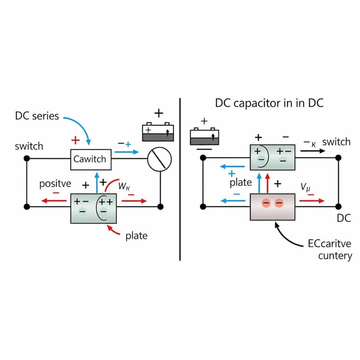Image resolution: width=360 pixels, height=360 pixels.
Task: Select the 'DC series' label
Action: [37, 116]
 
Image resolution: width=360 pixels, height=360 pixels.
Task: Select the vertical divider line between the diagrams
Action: [180, 179]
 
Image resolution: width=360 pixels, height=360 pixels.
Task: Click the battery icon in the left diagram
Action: [158, 132]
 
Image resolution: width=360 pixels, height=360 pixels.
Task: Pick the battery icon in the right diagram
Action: [204, 136]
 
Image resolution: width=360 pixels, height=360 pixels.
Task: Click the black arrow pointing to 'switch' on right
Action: [313, 150]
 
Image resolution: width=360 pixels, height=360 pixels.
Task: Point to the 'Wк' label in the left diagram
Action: [124, 186]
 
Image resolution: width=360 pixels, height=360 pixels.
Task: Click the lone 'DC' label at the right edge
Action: [344, 218]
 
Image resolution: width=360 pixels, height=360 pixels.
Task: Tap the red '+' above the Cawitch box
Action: [76, 141]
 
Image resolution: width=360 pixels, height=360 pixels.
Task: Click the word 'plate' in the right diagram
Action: [241, 182]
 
